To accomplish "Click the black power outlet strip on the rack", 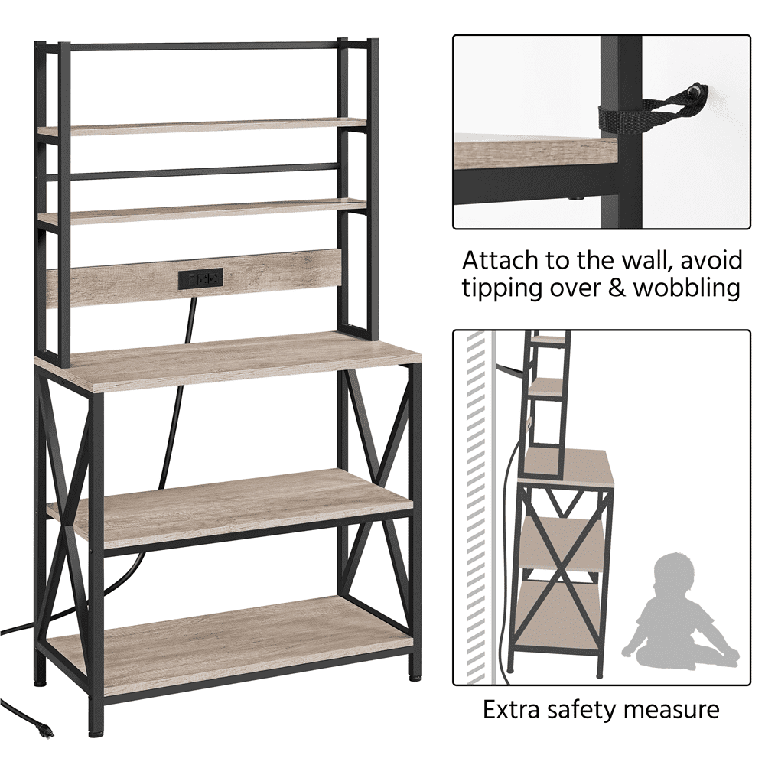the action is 200,278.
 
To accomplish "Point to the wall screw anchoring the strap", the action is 700,90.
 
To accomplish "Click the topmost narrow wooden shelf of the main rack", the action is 202,126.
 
